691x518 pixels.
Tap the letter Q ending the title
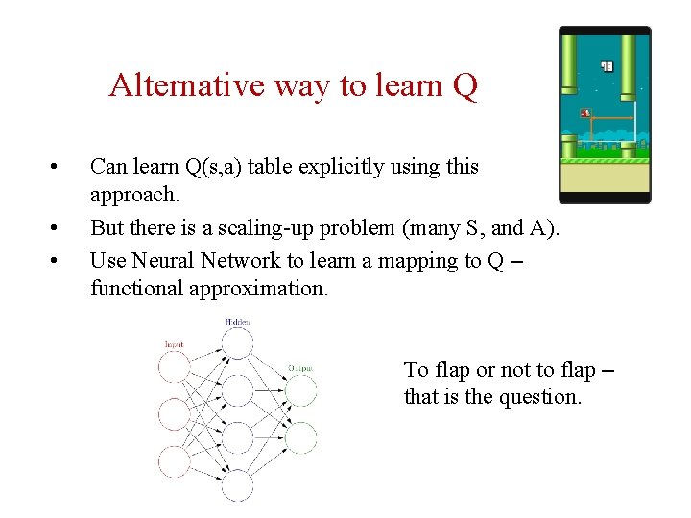coord(465,85)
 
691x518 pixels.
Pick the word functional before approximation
coord(134,288)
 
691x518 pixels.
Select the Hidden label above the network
coord(237,323)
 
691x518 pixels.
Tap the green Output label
coord(299,368)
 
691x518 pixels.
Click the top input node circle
coord(176,366)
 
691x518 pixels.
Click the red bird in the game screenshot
coord(585,113)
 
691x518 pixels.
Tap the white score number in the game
coord(607,66)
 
